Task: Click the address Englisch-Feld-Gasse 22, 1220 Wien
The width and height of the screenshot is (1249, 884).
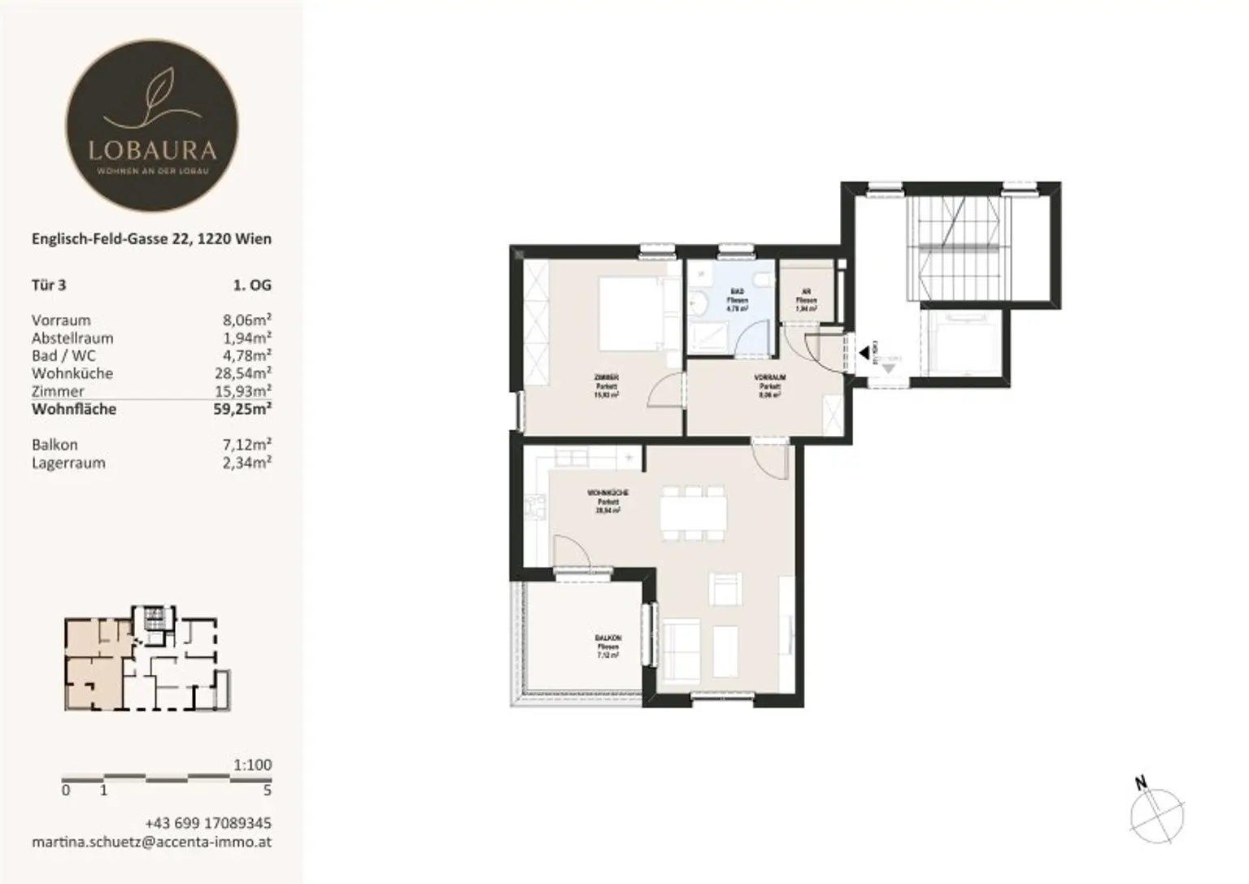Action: [x=151, y=239]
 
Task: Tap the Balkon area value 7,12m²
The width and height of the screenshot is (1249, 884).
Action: [x=247, y=445]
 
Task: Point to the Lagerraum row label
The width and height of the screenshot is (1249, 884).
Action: [x=68, y=464]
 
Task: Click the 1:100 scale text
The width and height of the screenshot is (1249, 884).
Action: [x=252, y=764]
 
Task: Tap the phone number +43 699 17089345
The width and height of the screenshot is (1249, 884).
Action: [x=208, y=823]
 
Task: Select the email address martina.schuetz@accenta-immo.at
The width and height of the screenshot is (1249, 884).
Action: [x=151, y=842]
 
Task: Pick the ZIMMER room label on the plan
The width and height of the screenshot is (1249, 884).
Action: [x=607, y=377]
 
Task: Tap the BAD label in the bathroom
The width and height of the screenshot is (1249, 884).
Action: [x=738, y=291]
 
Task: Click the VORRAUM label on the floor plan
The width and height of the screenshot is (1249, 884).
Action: [x=769, y=378]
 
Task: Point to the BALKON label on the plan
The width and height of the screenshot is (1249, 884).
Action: [x=607, y=638]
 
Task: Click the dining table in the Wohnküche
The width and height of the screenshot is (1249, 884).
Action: [x=693, y=512]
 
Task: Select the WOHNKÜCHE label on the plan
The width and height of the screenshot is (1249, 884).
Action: [x=607, y=494]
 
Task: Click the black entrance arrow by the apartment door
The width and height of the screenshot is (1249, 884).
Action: [x=864, y=353]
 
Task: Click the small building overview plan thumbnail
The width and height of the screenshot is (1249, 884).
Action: [x=147, y=659]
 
